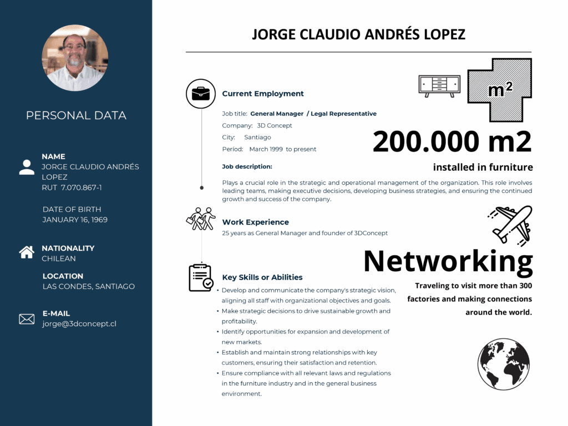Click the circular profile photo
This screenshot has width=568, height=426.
point(75,58)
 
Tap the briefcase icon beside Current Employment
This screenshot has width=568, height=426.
point(200,93)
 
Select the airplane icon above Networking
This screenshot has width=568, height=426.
point(511,224)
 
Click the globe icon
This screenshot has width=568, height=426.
point(504,364)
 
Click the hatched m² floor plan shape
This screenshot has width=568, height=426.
point(500,89)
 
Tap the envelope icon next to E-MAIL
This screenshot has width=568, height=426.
point(27,319)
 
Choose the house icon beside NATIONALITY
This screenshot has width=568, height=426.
point(27,252)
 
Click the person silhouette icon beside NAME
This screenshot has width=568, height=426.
point(27,167)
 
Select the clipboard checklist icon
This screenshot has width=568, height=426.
point(200,277)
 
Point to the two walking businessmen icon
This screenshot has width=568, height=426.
point(200,219)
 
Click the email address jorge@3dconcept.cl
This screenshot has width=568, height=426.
point(79,324)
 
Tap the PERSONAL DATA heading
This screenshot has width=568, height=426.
point(76,115)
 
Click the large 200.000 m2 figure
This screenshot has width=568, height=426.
point(452,141)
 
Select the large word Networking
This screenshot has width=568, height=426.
point(448,261)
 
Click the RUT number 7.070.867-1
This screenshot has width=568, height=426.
point(82,187)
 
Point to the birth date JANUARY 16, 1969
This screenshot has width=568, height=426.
point(75,220)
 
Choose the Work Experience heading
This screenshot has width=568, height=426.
point(255,222)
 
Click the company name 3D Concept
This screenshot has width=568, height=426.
point(275,125)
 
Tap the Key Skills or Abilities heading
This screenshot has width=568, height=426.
point(262,277)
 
